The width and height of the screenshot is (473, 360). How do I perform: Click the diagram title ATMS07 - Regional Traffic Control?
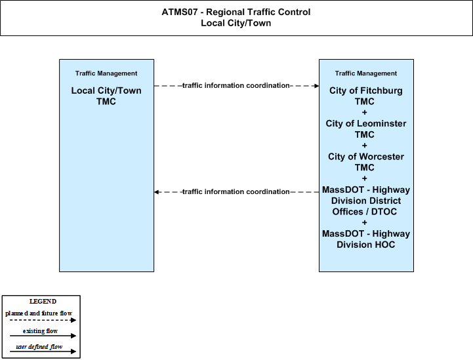point(236,12)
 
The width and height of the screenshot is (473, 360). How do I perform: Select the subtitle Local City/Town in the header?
point(236,23)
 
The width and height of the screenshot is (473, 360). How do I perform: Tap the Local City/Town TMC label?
point(106,96)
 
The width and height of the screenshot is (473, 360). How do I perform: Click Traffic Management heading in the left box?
point(106,73)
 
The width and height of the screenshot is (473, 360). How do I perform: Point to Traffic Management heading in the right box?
point(366,73)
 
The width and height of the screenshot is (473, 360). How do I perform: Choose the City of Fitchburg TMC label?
point(366,96)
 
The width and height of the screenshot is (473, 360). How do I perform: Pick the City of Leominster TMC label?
point(366,129)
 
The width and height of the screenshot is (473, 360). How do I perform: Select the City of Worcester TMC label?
point(366,162)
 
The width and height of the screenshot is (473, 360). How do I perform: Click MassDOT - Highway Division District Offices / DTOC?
point(366,201)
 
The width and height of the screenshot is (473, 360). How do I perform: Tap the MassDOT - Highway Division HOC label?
point(366,239)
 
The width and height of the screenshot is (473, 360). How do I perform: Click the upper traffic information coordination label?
point(236,86)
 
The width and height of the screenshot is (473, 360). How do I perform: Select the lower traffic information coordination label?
point(236,191)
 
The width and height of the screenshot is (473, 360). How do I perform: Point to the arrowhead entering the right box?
point(317,86)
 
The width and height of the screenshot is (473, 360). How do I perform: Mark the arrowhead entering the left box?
point(156,192)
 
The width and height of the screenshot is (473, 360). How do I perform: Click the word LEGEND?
point(43,302)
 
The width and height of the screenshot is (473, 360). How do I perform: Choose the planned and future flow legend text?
point(39,313)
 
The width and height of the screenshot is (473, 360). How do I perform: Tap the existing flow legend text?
point(40,331)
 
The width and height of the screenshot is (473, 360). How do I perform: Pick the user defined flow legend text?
point(39,347)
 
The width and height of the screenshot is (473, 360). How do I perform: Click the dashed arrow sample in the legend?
point(43,320)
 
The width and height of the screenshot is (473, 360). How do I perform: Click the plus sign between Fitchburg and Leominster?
point(364,113)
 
